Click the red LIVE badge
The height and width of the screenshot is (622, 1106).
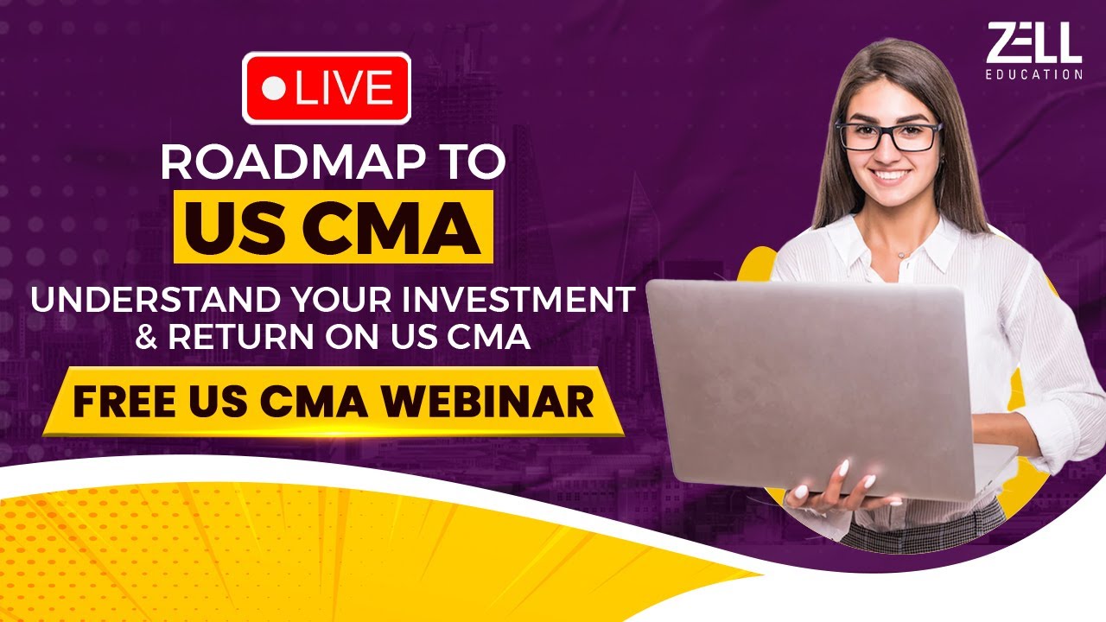coord(327,88)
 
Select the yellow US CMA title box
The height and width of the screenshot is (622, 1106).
coord(334,226)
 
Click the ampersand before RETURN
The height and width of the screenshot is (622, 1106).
coord(148,337)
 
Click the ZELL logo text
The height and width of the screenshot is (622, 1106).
coord(1033,42)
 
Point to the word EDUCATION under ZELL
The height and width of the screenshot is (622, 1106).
coord(1033,74)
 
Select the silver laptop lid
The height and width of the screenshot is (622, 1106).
coord(812,389)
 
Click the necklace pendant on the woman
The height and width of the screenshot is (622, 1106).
coord(900,255)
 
